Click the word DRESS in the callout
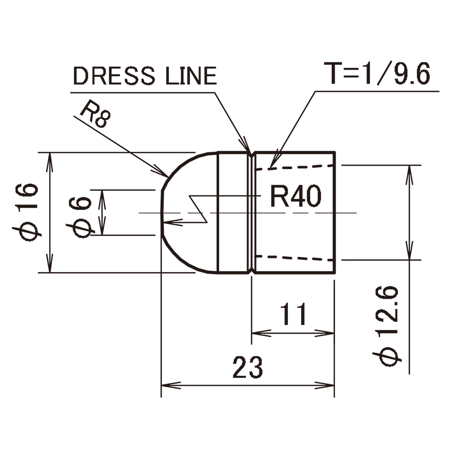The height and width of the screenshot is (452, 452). [114, 76]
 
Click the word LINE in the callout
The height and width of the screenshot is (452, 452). [191, 76]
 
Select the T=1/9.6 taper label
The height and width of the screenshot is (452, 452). [377, 73]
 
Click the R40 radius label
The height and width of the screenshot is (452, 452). [296, 196]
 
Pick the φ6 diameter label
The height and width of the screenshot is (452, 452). [80, 217]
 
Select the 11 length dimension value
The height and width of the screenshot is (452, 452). [293, 314]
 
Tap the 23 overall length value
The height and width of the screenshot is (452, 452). [248, 367]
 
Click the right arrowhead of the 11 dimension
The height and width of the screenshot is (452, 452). [324, 333]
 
